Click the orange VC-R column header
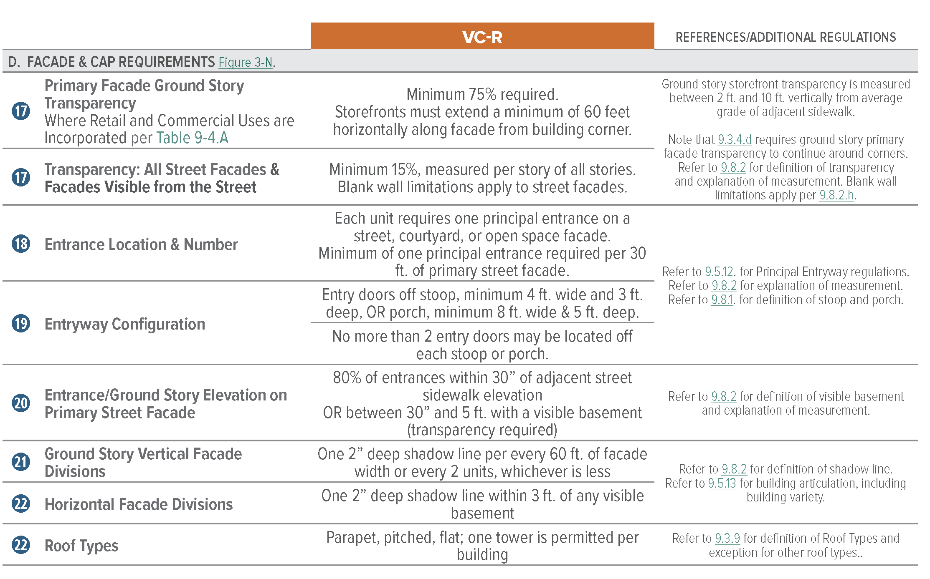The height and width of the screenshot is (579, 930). click(482, 37)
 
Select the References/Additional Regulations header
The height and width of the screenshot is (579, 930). click(786, 37)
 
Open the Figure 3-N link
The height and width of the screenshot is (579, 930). click(246, 63)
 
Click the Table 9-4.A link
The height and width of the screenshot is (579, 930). click(192, 138)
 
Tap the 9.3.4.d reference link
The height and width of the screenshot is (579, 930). click(735, 139)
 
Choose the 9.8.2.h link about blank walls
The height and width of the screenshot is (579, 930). click(836, 195)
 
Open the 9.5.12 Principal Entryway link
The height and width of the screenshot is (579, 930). click(719, 272)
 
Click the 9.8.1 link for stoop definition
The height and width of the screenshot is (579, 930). click(722, 300)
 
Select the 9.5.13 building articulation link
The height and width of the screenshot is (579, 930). click(722, 483)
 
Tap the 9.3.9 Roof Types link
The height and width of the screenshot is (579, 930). click(727, 538)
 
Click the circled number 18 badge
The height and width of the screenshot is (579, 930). click(21, 244)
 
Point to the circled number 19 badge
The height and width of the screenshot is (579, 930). click(21, 324)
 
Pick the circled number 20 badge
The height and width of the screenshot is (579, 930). click(21, 403)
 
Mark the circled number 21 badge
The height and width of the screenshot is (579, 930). click(21, 462)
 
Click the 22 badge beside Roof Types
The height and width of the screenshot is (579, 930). click(21, 545)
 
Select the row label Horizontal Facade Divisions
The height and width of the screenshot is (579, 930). click(139, 504)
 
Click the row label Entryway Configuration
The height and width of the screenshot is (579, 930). click(125, 324)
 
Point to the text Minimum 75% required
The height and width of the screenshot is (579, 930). click(482, 94)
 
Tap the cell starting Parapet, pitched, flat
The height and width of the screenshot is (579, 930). click(482, 546)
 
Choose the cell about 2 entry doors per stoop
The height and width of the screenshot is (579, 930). click(482, 345)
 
